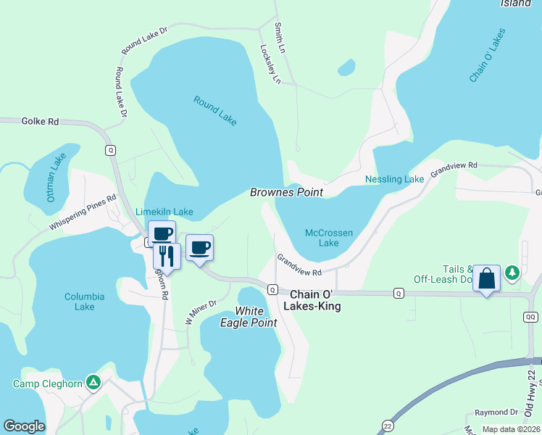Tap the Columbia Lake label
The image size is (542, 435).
coord(85,302)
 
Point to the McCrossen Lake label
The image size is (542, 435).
coord(329,238)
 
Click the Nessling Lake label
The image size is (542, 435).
coord(394,179)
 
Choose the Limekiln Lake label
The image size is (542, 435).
coord(164,212)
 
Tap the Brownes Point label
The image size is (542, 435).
coord(286,193)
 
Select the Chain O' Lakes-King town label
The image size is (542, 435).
coord(316,301)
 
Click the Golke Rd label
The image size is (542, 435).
coord(40,122)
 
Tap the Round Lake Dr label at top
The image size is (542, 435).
coord(144,40)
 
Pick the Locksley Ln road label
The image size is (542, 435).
coord(270,65)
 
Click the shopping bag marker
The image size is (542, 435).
coord(486,278)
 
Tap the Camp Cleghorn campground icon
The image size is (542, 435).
coord(93,381)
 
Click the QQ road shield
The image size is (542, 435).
coord(531,317)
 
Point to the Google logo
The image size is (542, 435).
coord(24,426)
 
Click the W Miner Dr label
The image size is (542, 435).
coord(201,312)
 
